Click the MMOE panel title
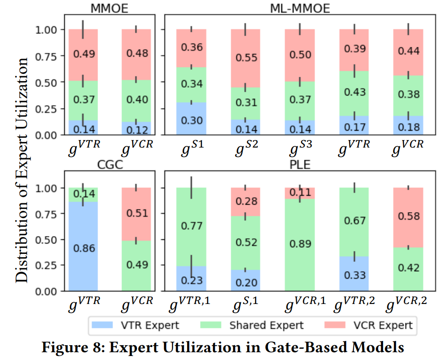coord(110,8)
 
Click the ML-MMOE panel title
coord(300,8)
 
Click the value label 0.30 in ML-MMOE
coord(192,120)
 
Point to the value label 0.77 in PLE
coord(192,227)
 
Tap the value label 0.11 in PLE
coord(300,193)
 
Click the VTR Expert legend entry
coord(141,325)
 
